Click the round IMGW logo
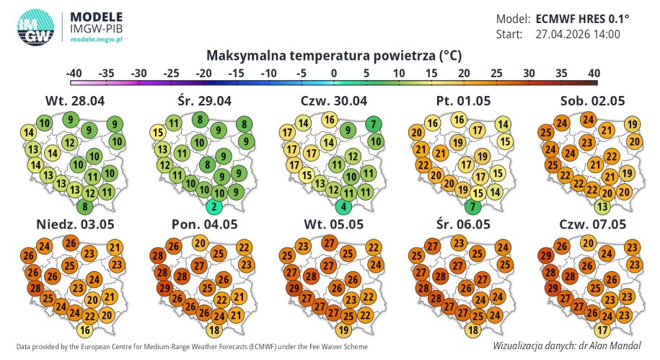36,27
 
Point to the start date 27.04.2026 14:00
578,34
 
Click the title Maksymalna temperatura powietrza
333,56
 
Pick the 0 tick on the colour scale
334,73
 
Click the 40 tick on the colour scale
594,73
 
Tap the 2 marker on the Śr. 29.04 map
214,207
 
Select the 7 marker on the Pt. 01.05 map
472,207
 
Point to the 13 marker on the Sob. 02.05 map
603,207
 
